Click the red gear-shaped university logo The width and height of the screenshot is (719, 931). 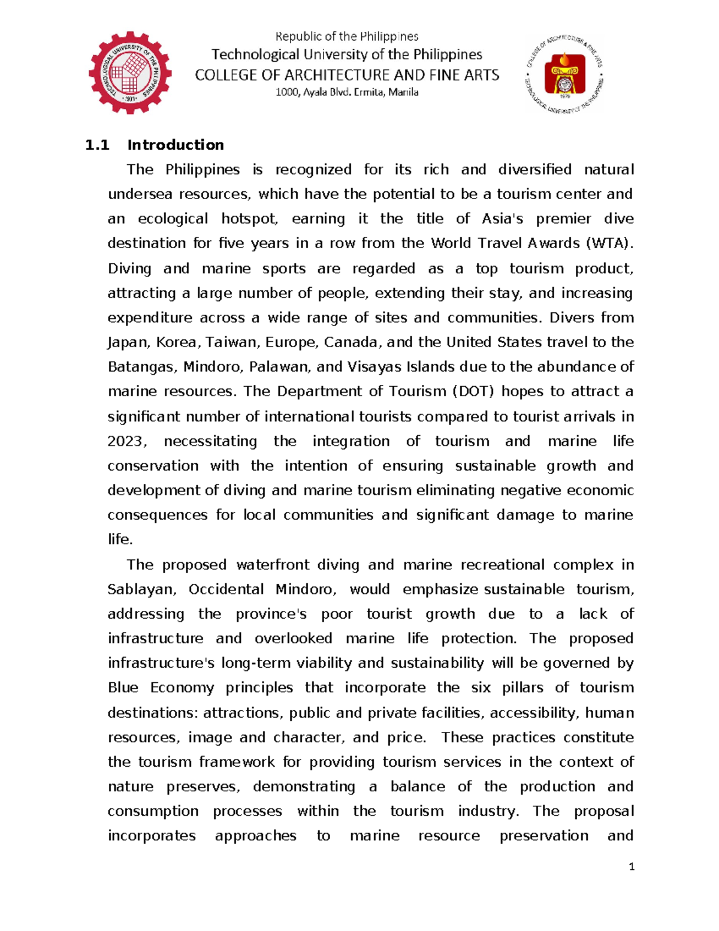130,73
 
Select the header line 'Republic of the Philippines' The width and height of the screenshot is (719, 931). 347,37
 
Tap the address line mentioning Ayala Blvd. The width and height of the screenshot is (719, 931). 347,92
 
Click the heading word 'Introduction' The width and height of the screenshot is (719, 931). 176,145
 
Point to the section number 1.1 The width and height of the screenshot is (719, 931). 97,145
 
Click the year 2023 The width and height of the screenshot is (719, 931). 125,441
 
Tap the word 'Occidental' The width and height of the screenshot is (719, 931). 226,589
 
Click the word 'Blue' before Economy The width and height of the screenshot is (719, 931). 122,688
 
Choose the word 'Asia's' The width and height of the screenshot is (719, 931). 502,219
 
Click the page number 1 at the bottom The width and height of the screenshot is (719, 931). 631,866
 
